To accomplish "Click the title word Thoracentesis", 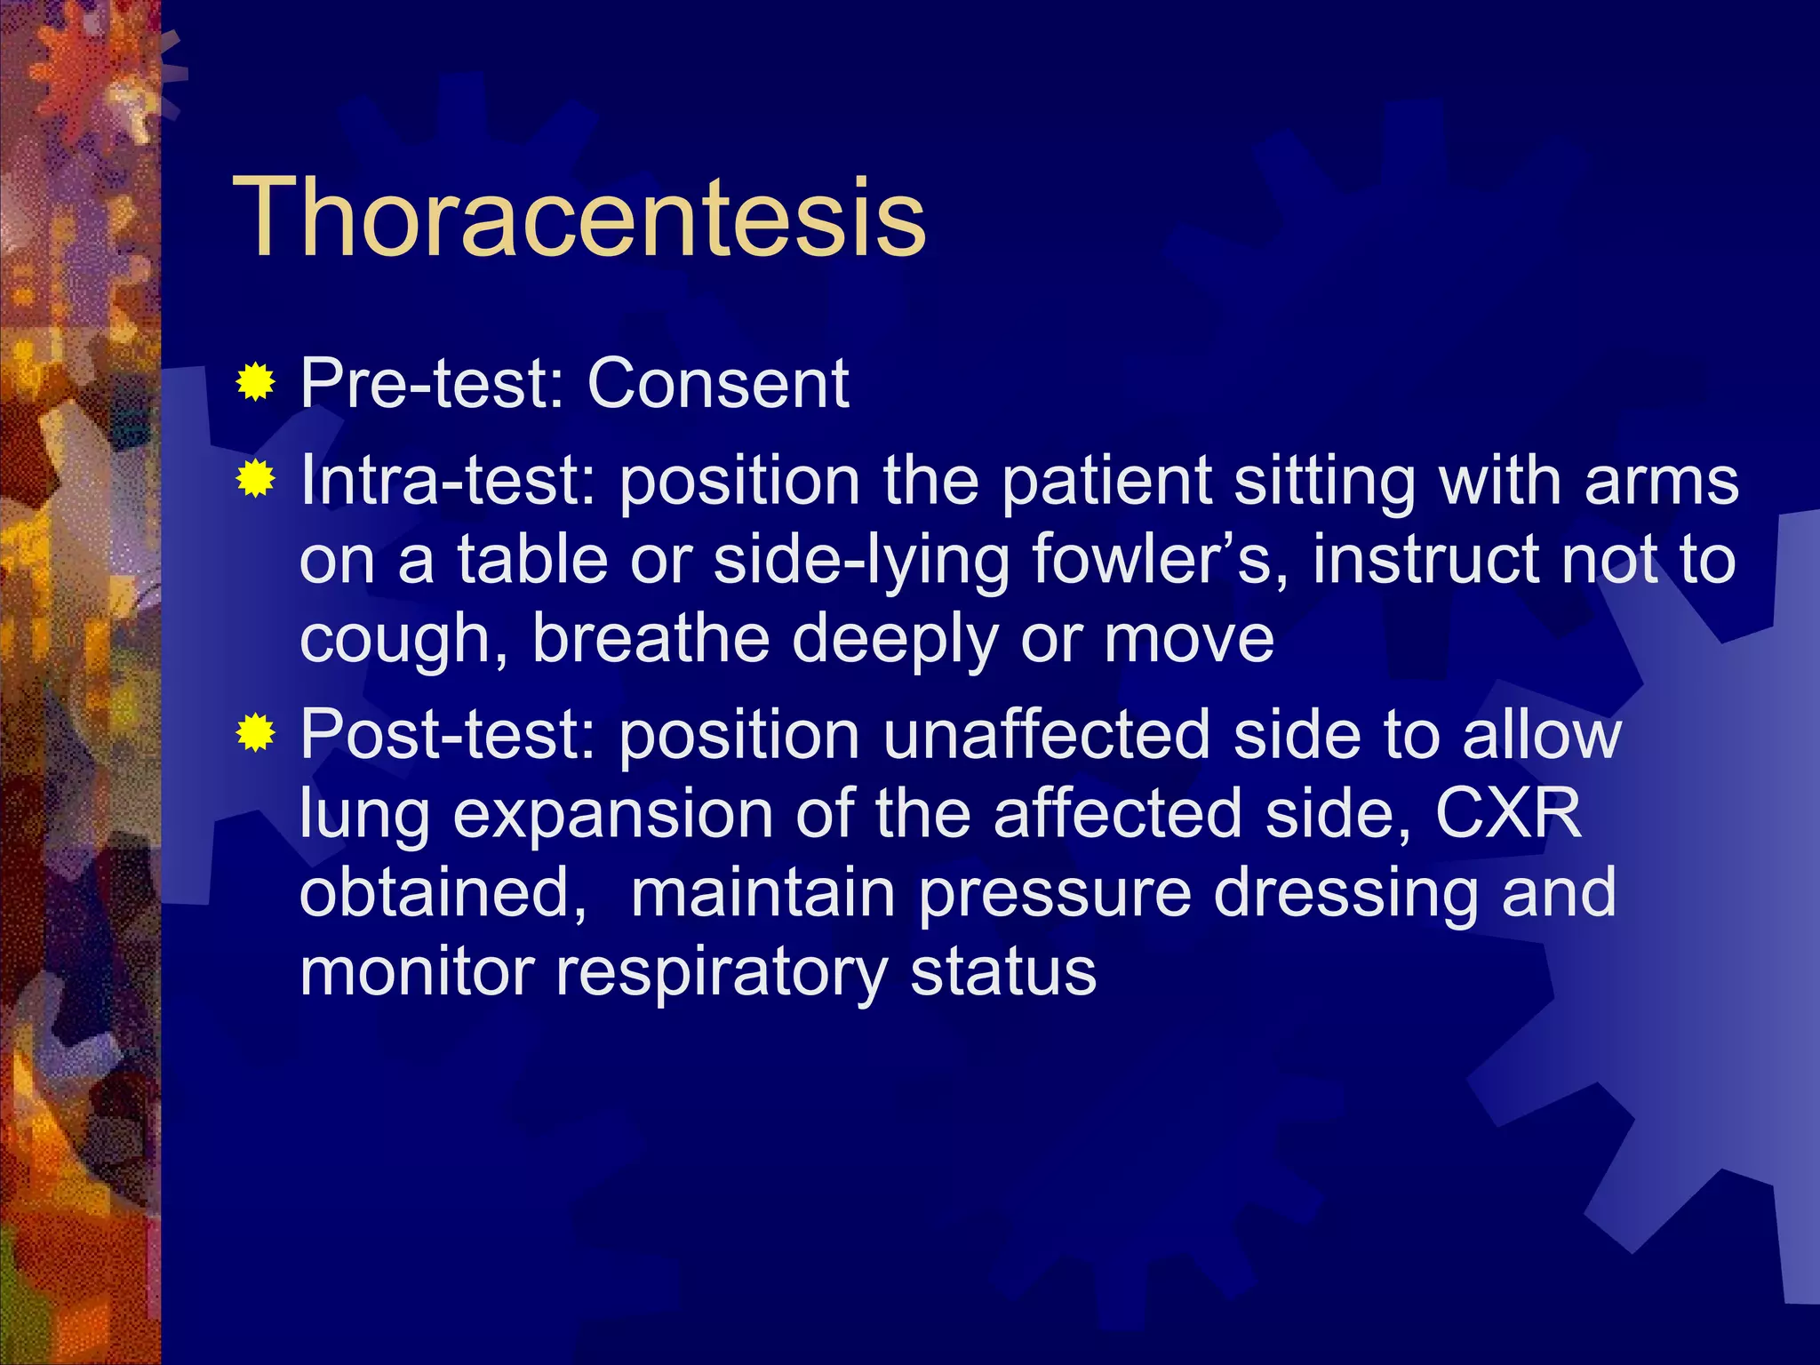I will [x=579, y=218].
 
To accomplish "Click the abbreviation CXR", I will [x=1508, y=813].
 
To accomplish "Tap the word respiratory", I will [x=721, y=973].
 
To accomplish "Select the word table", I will [x=532, y=560].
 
